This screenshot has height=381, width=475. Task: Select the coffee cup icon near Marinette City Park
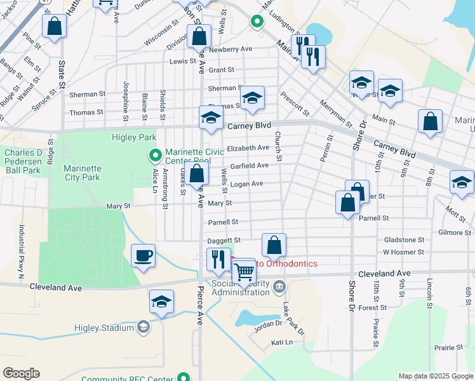pyautogui.click(x=143, y=256)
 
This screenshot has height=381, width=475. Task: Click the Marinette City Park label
pyautogui.click(x=82, y=173)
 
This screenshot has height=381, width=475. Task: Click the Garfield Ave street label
pyautogui.click(x=250, y=166)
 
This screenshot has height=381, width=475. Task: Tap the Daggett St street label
pyautogui.click(x=224, y=241)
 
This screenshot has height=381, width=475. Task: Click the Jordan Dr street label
pyautogui.click(x=268, y=323)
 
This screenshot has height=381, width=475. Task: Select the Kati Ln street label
pyautogui.click(x=281, y=342)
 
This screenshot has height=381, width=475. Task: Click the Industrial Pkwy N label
pyautogui.click(x=21, y=253)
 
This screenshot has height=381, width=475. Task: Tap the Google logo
pyautogui.click(x=21, y=373)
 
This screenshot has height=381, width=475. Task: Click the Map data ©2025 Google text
pyautogui.click(x=436, y=377)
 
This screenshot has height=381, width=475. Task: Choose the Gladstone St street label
pyautogui.click(x=403, y=240)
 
